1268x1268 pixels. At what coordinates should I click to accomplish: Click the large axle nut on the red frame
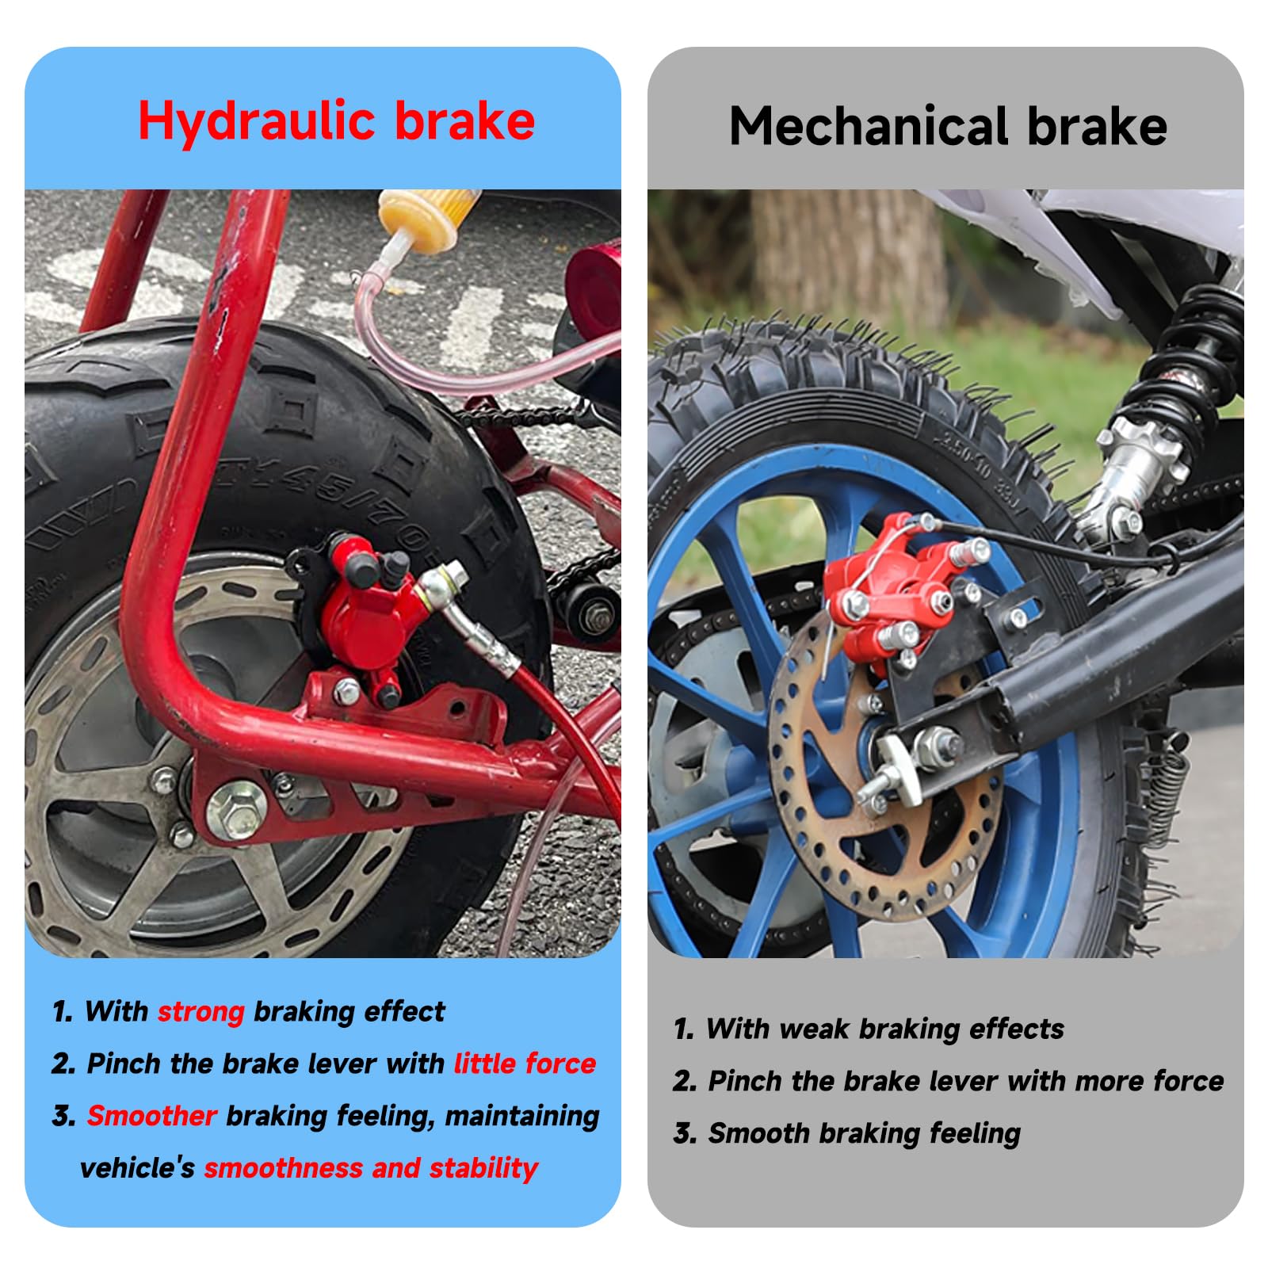[235, 810]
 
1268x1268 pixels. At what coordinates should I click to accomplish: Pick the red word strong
[201, 1012]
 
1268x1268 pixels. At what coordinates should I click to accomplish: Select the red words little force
[525, 1064]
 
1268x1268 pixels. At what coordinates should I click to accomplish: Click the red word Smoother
[151, 1116]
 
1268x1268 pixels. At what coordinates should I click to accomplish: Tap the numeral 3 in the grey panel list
[682, 1134]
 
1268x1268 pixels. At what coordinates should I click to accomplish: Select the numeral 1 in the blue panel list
[61, 1012]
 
